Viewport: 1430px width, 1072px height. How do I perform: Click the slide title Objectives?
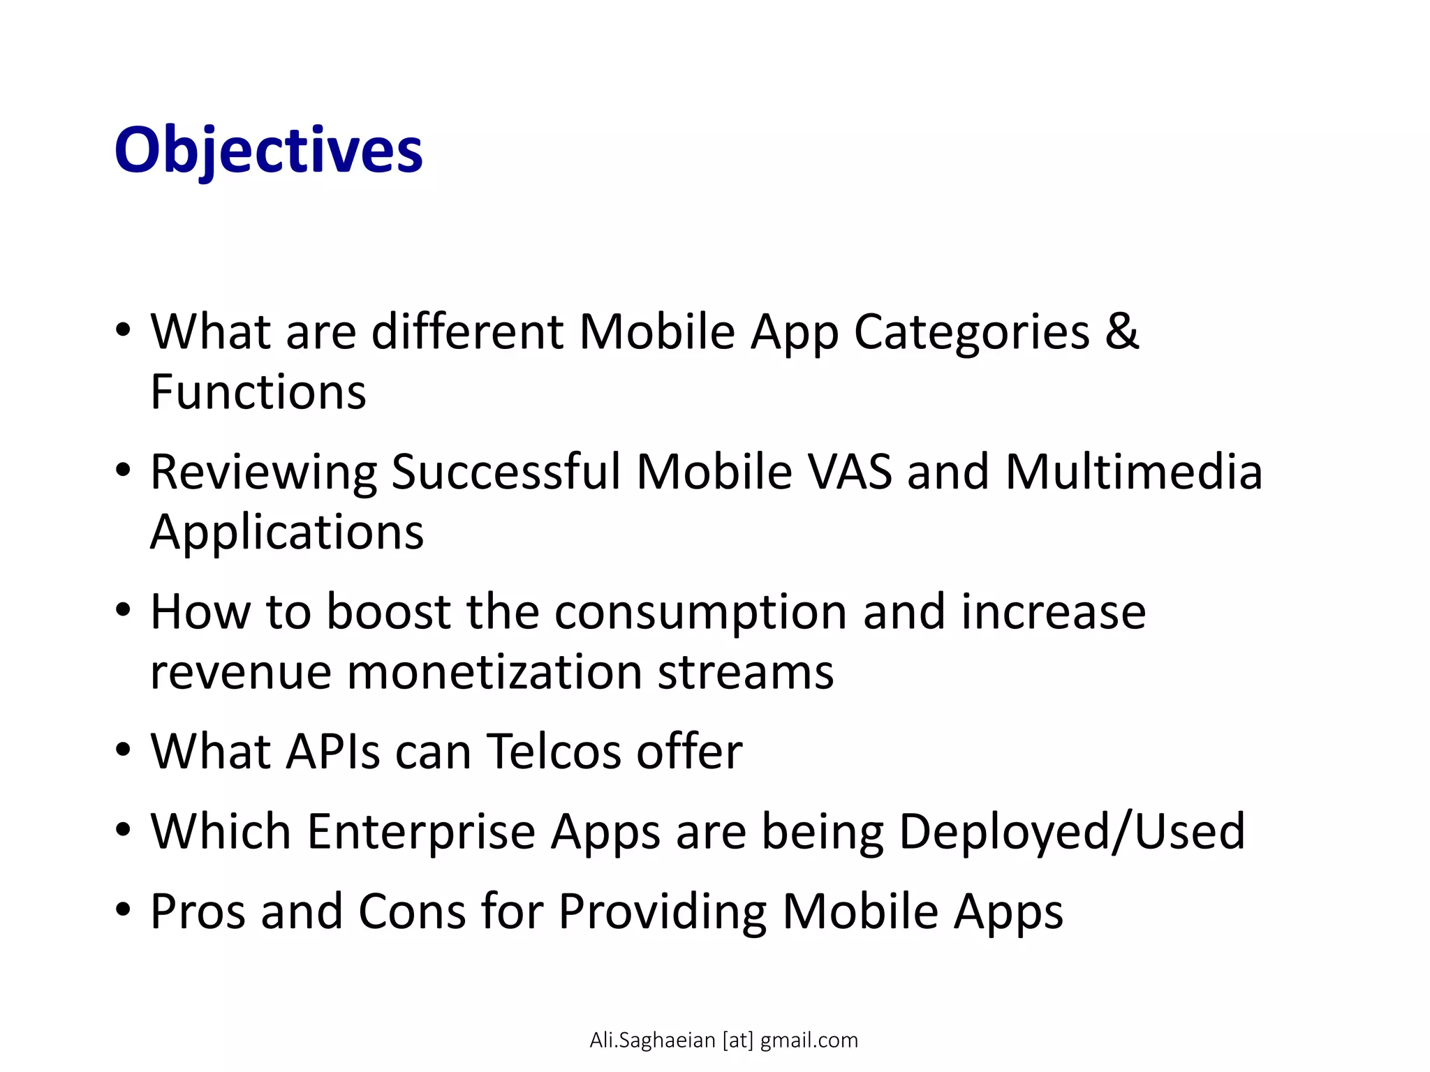point(268,150)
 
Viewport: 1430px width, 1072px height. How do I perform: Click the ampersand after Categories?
point(1121,332)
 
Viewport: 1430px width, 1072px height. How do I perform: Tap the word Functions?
point(258,392)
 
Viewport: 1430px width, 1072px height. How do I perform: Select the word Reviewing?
point(263,473)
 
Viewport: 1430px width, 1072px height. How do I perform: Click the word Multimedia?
point(1133,472)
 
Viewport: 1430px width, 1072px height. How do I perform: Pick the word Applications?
point(287,533)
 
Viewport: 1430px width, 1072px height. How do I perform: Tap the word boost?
point(388,612)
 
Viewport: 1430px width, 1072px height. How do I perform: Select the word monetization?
point(494,673)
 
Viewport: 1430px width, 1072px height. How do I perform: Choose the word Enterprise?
point(420,833)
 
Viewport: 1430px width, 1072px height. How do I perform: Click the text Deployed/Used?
point(1072,833)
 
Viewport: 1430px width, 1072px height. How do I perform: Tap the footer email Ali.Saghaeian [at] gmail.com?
point(723,1040)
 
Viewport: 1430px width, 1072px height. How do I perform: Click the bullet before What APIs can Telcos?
point(124,751)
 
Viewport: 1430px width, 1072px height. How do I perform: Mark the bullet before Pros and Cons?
point(124,910)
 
